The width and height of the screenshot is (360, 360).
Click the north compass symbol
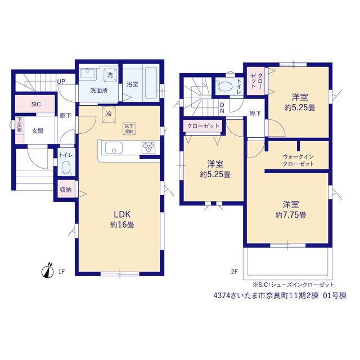(47, 271)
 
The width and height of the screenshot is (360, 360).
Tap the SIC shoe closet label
(36, 105)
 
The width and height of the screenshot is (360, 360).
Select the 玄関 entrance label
(38, 131)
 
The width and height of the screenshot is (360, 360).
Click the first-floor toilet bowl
(66, 168)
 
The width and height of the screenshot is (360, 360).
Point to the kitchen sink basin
(114, 148)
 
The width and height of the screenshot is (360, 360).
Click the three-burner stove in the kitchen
(148, 147)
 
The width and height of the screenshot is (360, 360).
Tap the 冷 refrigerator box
(109, 114)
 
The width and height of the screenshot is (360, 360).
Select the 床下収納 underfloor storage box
(129, 129)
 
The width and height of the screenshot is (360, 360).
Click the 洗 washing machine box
(110, 75)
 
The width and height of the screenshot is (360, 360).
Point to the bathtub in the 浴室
(151, 83)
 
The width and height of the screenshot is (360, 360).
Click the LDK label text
(122, 214)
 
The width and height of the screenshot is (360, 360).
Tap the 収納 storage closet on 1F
(66, 190)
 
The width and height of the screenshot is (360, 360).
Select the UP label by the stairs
(61, 82)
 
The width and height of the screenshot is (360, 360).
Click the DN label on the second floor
(222, 108)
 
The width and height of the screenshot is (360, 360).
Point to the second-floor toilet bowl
(225, 87)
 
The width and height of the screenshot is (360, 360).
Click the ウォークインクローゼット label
(298, 160)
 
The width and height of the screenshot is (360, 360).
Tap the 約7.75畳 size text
(291, 215)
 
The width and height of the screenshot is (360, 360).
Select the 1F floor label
(61, 272)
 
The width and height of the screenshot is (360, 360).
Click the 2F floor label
(234, 272)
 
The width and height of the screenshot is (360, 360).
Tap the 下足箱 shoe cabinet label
(20, 125)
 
